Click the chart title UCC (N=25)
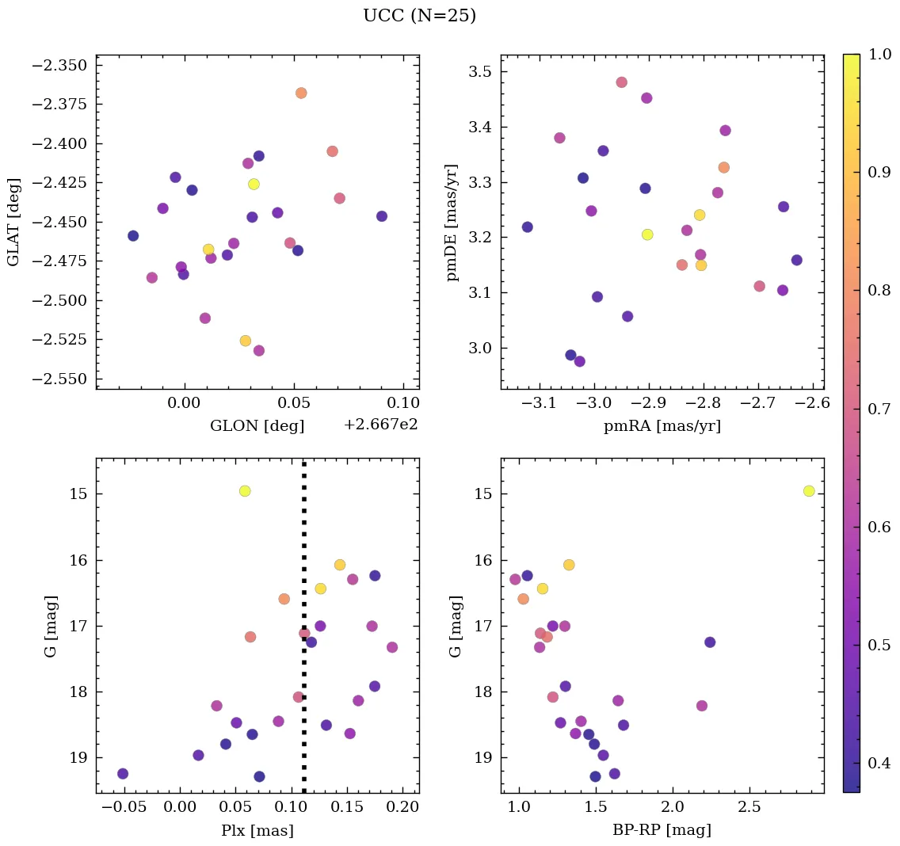[419, 16]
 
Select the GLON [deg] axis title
[257, 426]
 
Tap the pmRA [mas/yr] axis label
[662, 426]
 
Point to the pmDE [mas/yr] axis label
[452, 222]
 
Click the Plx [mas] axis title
[257, 830]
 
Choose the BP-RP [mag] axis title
[662, 830]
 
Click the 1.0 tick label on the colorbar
[879, 55]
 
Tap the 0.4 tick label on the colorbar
[879, 763]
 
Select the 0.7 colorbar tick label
[879, 409]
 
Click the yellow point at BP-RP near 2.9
[808, 491]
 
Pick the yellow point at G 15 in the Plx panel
[245, 491]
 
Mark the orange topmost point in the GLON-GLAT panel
[301, 93]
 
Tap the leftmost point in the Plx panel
[123, 773]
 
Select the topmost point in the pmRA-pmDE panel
[621, 82]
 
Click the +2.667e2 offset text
[380, 425]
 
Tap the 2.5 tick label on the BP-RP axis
[749, 806]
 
